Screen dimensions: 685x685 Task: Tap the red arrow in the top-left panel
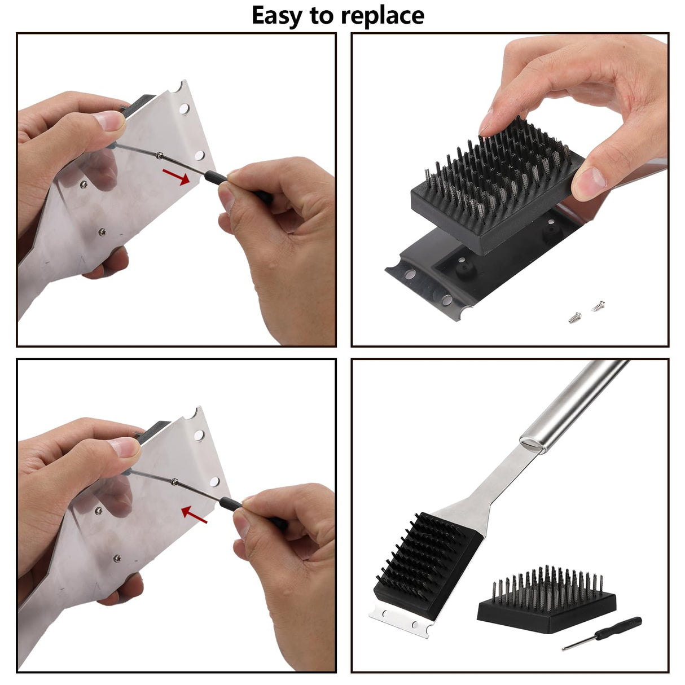pyautogui.click(x=177, y=176)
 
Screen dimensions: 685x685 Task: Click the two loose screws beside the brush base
pyautogui.click(x=586, y=311)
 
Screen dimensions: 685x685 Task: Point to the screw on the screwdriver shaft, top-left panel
pyautogui.click(x=161, y=155)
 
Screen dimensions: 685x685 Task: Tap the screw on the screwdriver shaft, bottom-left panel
pyautogui.click(x=175, y=482)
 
